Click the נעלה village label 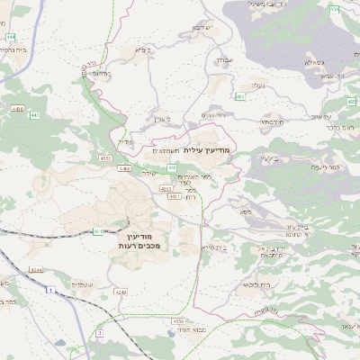coord(257,85)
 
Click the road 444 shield coord(10,37)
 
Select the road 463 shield coord(240,96)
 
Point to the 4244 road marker coord(36,269)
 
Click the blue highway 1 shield coord(50,290)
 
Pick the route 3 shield coord(100,333)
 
